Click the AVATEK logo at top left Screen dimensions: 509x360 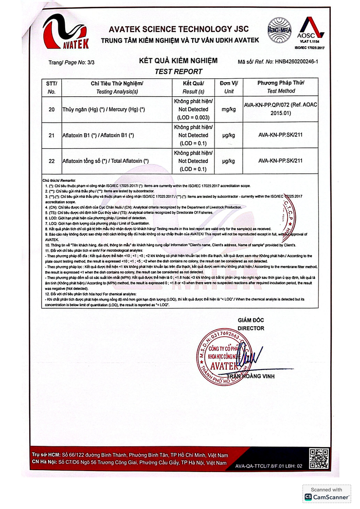click(x=66, y=32)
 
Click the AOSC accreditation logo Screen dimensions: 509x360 click(x=311, y=30)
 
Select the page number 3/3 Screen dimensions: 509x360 click(x=89, y=63)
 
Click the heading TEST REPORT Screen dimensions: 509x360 click(x=178, y=71)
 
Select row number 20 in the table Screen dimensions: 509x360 click(x=52, y=109)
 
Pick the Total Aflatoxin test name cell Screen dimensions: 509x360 click(x=106, y=161)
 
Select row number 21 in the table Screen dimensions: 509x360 click(x=52, y=135)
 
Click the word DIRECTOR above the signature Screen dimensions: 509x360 click(x=251, y=328)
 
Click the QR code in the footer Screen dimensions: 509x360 click(x=319, y=458)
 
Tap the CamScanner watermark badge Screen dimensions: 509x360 click(x=326, y=493)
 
